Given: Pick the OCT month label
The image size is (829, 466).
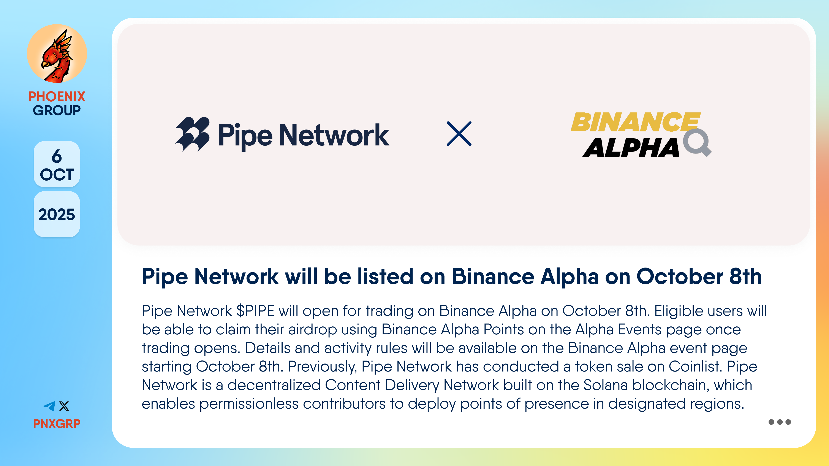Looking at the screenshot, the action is pyautogui.click(x=57, y=175).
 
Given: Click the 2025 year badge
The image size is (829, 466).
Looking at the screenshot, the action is pyautogui.click(x=57, y=214).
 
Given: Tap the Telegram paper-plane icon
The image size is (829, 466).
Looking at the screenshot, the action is pyautogui.click(x=50, y=406).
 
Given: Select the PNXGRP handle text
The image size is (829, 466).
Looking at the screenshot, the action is pyautogui.click(x=57, y=423).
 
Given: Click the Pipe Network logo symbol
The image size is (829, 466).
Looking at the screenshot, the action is pyautogui.click(x=192, y=134).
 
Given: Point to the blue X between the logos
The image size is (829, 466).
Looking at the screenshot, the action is pyautogui.click(x=459, y=134).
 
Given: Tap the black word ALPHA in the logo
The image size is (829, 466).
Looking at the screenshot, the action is pyautogui.click(x=631, y=148).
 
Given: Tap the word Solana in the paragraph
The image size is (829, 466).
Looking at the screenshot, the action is pyautogui.click(x=606, y=385).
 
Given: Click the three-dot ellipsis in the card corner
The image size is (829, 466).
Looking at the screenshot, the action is pyautogui.click(x=780, y=422).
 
